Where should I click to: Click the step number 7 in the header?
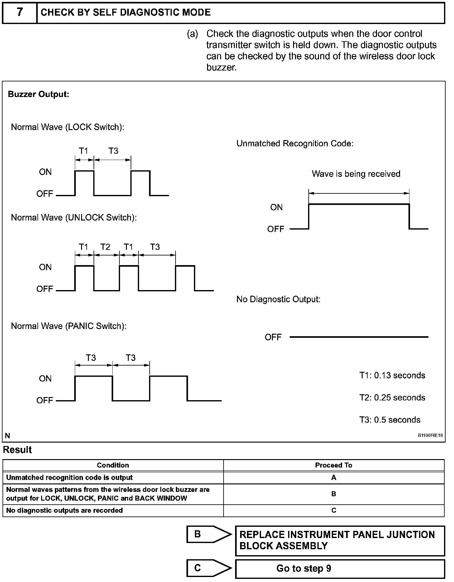(x=20, y=12)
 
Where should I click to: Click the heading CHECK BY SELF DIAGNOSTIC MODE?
(x=126, y=12)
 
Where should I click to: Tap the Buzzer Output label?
(x=38, y=94)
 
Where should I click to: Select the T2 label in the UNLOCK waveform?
(x=105, y=247)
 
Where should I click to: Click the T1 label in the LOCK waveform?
(x=84, y=151)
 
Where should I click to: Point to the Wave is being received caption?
(x=356, y=174)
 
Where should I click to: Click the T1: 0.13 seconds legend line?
(x=392, y=375)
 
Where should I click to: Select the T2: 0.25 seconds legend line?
(x=392, y=398)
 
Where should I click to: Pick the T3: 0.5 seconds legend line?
(x=389, y=420)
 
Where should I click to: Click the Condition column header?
(x=113, y=465)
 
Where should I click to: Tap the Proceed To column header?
(x=334, y=465)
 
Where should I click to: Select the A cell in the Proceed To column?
(x=334, y=478)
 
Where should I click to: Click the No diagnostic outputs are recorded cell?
(x=65, y=510)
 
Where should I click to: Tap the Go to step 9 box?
(x=340, y=569)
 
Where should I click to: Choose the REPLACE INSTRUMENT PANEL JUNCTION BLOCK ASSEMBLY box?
(x=340, y=540)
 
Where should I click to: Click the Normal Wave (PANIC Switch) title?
(x=69, y=326)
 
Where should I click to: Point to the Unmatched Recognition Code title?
(x=295, y=143)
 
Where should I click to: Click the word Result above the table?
(x=17, y=450)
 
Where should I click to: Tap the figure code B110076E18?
(x=430, y=436)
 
